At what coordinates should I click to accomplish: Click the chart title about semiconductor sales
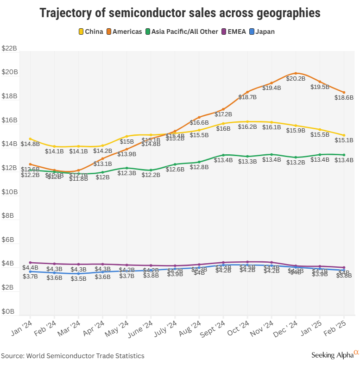pyautogui.click(x=180, y=13)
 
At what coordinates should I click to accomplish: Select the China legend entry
pyautogui.click(x=91, y=32)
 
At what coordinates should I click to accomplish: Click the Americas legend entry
pyautogui.click(x=123, y=32)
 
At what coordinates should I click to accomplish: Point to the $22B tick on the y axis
pyautogui.click(x=9, y=48)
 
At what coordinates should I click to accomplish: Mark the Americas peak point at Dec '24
pyautogui.click(x=296, y=73)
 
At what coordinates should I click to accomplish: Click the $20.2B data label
pyautogui.click(x=296, y=79)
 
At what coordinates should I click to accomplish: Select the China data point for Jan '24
pyautogui.click(x=31, y=139)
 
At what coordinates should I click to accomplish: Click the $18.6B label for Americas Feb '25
pyautogui.click(x=344, y=98)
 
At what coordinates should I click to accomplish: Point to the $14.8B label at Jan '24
pyautogui.click(x=30, y=144)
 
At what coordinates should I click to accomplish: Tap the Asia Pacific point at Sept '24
pyautogui.click(x=223, y=155)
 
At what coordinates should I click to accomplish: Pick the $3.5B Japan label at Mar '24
pyautogui.click(x=78, y=278)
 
